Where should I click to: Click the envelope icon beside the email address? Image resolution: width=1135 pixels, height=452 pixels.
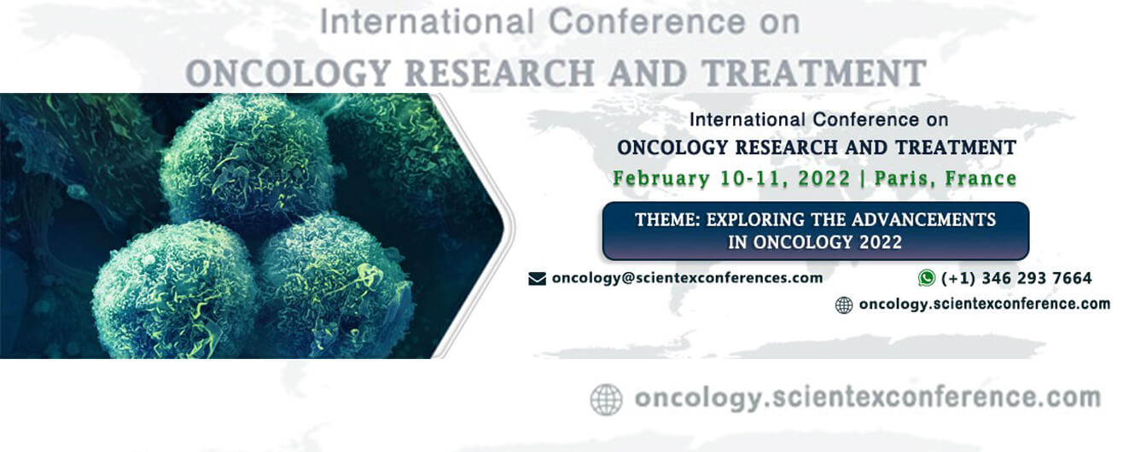coord(537,279)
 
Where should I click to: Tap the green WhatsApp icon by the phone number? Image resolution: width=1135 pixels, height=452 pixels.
coord(927,278)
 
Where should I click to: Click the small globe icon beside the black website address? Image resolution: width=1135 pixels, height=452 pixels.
coord(844,305)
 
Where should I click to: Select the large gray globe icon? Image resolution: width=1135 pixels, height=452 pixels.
coord(606,400)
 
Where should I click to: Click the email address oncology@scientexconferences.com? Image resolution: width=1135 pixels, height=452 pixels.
coord(687,278)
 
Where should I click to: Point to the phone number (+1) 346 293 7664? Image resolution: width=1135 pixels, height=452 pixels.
coord(1016,278)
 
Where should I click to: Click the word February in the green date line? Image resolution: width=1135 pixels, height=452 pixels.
coord(661,179)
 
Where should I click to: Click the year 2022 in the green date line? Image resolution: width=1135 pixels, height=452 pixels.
coord(824,179)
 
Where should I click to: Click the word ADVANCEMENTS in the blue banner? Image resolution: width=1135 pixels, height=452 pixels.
coord(923,220)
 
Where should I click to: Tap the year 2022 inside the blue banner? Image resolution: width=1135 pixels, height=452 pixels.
coord(881,242)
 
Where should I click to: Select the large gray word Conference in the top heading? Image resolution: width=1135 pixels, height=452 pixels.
coord(647,22)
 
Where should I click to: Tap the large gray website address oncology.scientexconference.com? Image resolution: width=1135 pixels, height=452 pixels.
coord(867,398)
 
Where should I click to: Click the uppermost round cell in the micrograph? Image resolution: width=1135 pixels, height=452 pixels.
coord(247,159)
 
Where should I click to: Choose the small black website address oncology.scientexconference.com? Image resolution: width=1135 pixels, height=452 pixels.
coord(985,304)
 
